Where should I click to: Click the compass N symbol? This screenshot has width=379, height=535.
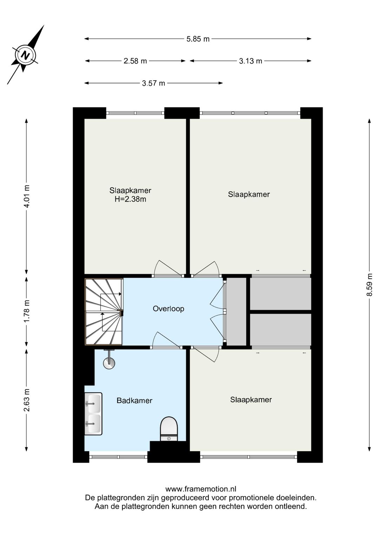pyautogui.click(x=25, y=55)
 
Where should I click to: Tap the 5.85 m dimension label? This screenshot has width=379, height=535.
pyautogui.click(x=198, y=39)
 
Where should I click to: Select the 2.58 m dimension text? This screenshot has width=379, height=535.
pyautogui.click(x=135, y=61)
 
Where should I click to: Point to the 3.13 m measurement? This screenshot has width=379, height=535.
pyautogui.click(x=251, y=61)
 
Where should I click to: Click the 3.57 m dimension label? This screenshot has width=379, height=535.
pyautogui.click(x=153, y=83)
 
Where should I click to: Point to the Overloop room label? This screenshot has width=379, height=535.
pyautogui.click(x=168, y=309)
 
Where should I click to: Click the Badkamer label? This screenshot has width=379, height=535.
pyautogui.click(x=134, y=400)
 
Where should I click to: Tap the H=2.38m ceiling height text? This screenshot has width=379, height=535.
pyautogui.click(x=130, y=199)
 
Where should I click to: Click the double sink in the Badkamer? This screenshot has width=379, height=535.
pyautogui.click(x=93, y=414)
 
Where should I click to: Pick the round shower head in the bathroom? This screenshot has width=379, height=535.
pyautogui.click(x=109, y=363)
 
